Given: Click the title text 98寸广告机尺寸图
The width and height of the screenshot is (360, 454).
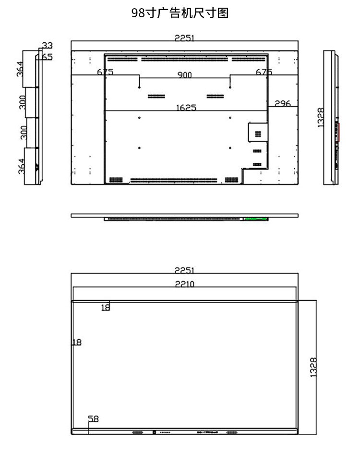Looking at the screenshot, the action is click(180, 13).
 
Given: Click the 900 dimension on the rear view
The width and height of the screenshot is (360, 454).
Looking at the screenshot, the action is click(184, 75).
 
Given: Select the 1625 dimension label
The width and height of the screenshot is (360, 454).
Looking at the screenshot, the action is click(186, 108).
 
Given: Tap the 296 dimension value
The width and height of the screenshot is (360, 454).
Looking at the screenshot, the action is click(282, 103).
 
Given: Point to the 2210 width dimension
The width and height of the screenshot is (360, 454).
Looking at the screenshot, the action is click(184, 284).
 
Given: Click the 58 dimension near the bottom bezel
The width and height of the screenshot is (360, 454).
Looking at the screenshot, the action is click(94, 419).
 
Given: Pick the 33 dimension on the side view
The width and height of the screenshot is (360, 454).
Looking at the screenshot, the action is click(47, 46).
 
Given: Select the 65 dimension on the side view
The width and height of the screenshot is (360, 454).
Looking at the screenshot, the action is click(47, 57).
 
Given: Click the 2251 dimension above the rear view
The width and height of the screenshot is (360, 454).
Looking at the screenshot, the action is click(184, 38).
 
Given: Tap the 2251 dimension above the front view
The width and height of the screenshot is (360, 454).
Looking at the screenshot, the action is click(184, 270).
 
